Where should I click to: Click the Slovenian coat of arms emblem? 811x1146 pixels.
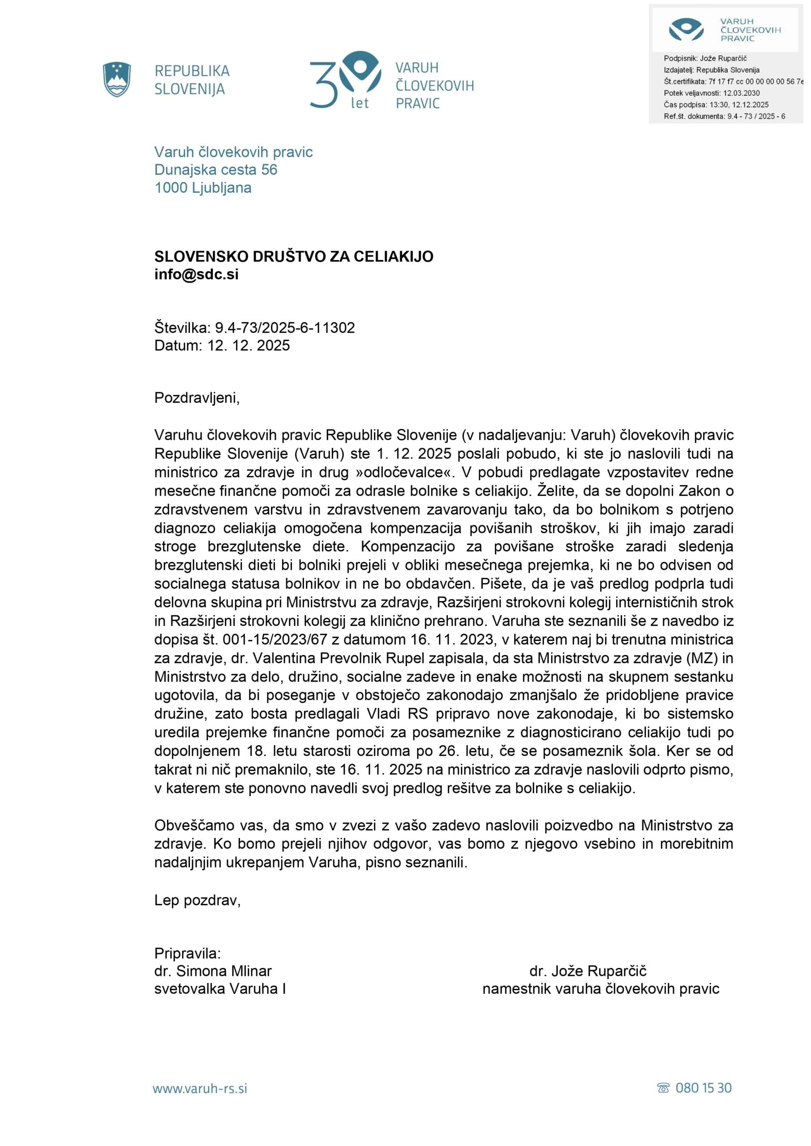tap(117, 79)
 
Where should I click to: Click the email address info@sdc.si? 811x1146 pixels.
tap(196, 274)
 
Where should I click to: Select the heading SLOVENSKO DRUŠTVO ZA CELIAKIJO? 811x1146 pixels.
tap(294, 256)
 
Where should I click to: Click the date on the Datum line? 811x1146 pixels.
tap(249, 346)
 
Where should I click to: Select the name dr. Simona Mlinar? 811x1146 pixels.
tap(213, 971)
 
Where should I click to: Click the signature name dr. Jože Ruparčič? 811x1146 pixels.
tap(588, 971)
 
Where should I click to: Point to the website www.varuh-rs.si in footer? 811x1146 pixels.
tap(200, 1089)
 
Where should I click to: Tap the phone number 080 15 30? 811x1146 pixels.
tap(703, 1088)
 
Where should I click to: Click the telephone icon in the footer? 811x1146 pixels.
tap(663, 1089)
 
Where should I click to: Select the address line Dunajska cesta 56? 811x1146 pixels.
tap(216, 170)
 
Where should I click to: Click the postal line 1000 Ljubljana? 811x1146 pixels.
tap(203, 188)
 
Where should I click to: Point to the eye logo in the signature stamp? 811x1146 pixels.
tap(686, 29)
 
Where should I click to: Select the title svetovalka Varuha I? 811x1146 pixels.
tap(220, 989)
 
